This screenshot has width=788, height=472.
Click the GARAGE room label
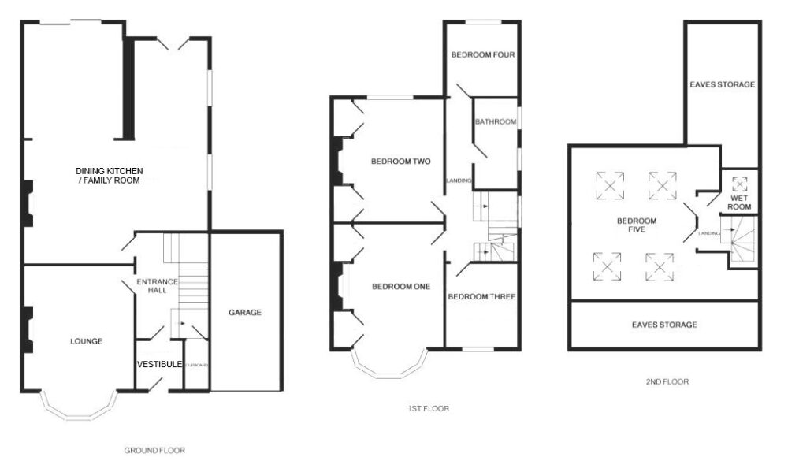(245, 312)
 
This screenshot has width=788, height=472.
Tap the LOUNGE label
(86, 341)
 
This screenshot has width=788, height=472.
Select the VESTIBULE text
(159, 364)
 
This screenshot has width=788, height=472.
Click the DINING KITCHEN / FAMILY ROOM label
(108, 175)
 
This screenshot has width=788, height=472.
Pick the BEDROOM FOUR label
(482, 55)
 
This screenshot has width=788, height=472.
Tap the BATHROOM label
(495, 121)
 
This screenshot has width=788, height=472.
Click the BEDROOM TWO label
(400, 162)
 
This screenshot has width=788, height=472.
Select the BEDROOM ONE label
(400, 287)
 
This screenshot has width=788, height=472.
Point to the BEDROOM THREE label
(481, 297)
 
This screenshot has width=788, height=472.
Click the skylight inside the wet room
(739, 184)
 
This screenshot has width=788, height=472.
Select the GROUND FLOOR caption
(154, 451)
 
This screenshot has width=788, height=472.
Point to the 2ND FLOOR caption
(666, 381)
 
